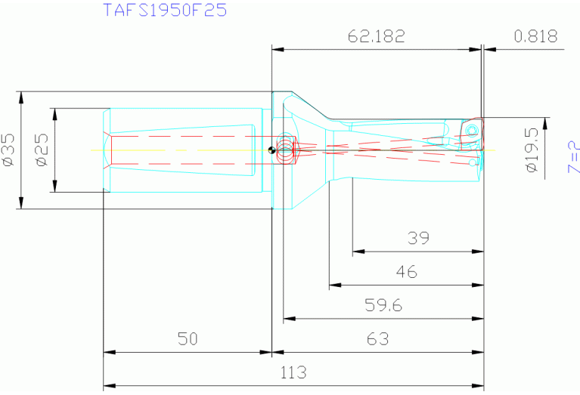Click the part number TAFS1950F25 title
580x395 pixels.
click(x=164, y=11)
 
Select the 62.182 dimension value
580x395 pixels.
click(x=376, y=36)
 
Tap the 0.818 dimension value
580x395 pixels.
click(x=535, y=36)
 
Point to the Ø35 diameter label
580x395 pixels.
click(x=8, y=150)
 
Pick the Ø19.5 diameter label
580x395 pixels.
click(x=532, y=149)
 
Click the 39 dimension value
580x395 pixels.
click(x=417, y=238)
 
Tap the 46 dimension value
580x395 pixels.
click(x=406, y=272)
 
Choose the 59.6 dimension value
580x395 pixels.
click(x=383, y=305)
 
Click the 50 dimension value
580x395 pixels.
click(x=187, y=338)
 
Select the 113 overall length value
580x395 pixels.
click(x=293, y=372)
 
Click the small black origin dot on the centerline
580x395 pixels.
click(x=271, y=149)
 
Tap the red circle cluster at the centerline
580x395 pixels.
click(x=287, y=149)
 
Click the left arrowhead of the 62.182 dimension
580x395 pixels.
click(x=277, y=50)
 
